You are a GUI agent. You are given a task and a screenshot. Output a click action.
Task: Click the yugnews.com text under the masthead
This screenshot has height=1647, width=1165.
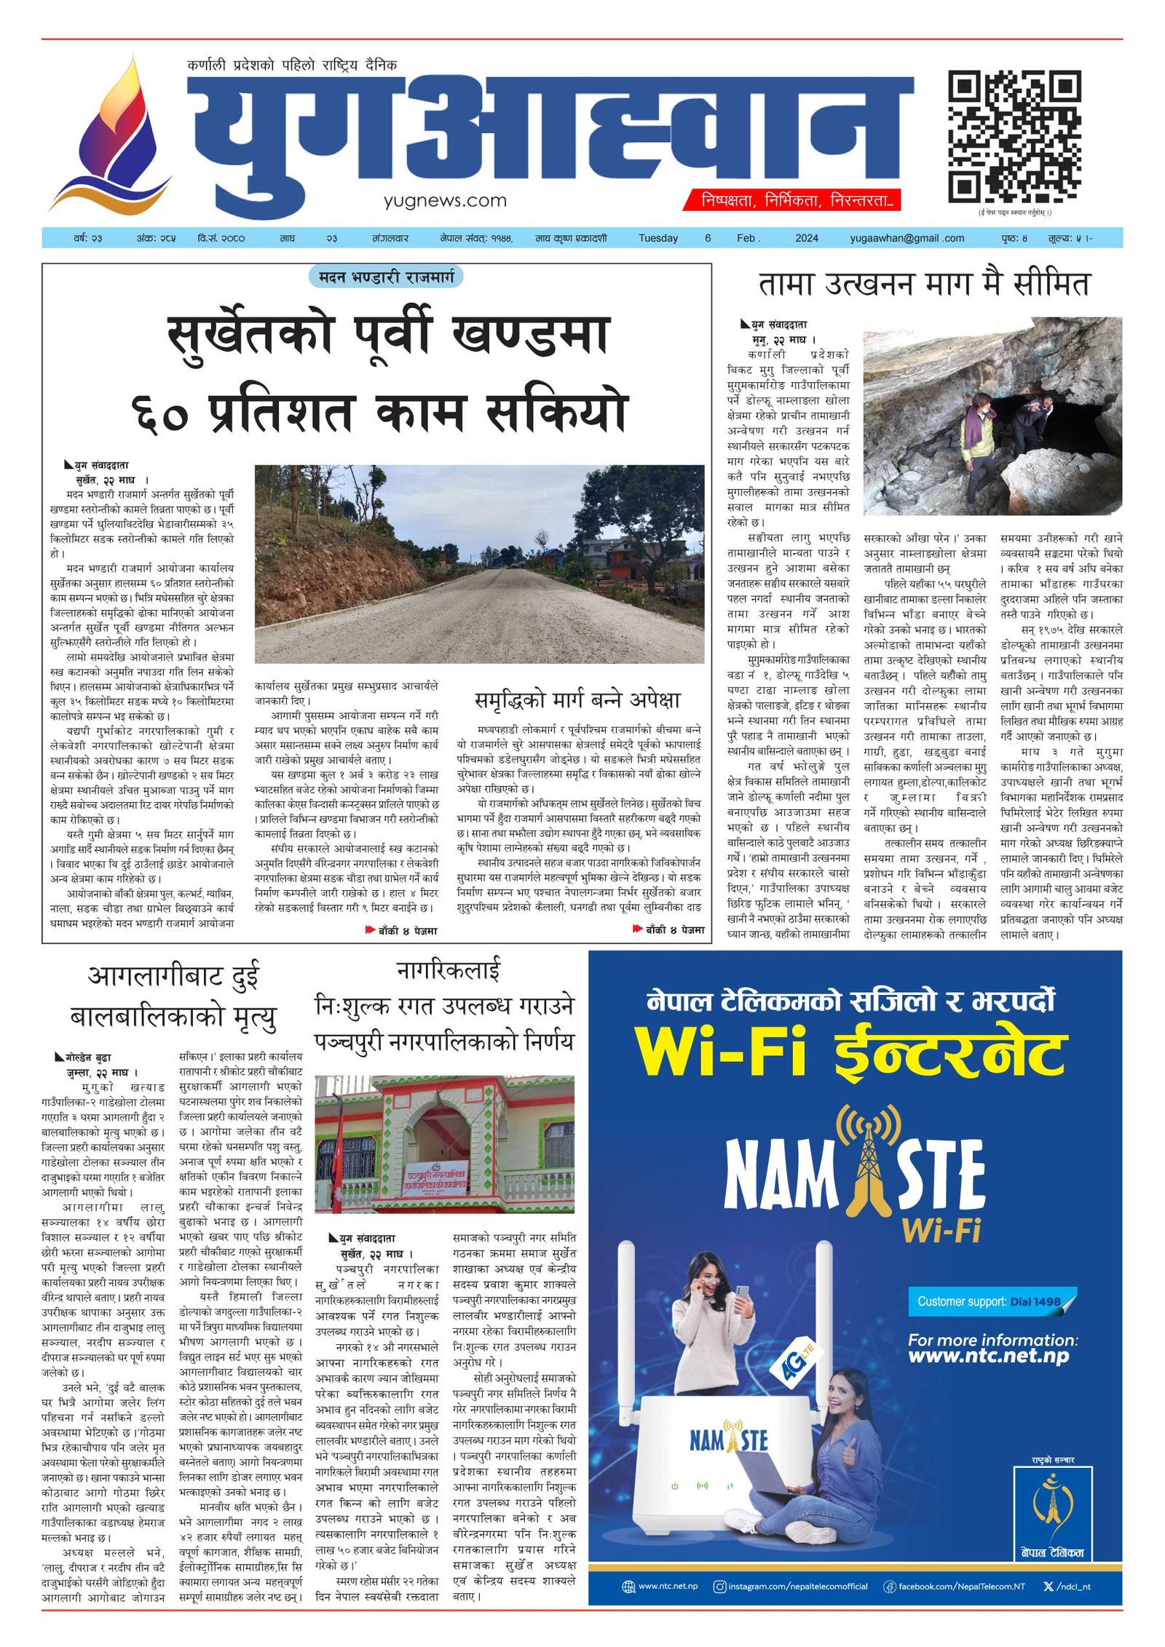tap(445, 200)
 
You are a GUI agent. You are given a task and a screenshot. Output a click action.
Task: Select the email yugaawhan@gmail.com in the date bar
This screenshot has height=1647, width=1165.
tap(907, 238)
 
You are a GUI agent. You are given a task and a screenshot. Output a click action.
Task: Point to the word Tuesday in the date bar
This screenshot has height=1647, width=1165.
tap(657, 238)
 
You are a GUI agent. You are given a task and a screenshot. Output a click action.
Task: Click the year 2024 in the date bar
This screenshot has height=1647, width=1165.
tap(806, 238)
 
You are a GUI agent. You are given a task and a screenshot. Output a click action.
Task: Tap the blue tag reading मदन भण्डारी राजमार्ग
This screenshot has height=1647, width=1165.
tap(386, 277)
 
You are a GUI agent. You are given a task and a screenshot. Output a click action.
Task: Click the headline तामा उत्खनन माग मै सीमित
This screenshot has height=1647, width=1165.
tap(923, 284)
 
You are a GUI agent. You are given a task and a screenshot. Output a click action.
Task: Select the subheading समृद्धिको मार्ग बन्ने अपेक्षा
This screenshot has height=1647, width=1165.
tap(577, 700)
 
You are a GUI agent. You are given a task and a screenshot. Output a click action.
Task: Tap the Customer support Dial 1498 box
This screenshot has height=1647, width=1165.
tap(989, 1301)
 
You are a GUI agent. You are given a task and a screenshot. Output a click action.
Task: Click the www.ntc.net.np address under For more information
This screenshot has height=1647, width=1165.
tap(988, 1356)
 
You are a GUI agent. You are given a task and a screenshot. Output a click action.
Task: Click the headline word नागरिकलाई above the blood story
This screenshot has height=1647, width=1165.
tap(448, 970)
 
